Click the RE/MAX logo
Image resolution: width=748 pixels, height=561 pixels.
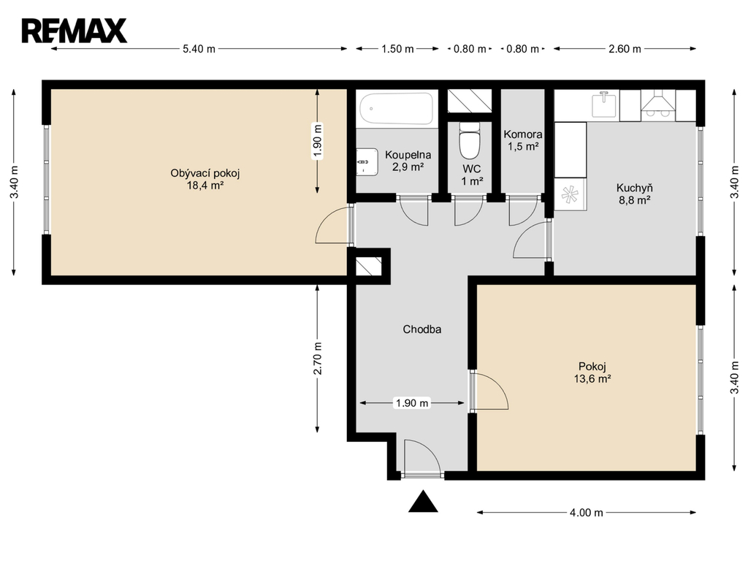coord(74,31)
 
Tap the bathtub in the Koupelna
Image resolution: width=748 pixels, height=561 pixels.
coord(397,108)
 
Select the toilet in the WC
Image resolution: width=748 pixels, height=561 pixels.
coord(470,140)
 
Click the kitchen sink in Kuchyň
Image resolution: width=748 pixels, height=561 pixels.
coord(604,104)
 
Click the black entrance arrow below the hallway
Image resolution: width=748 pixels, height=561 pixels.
coord(423,501)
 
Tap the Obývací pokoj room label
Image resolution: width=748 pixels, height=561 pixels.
coord(205,179)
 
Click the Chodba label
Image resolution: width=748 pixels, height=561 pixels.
coord(422,329)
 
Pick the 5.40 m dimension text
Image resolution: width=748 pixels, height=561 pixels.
coord(199,49)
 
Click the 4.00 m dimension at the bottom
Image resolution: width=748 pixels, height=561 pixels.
coord(587,513)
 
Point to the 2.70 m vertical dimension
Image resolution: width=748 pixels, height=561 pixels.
coord(318,358)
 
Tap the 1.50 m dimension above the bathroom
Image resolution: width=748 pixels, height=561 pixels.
coord(397,49)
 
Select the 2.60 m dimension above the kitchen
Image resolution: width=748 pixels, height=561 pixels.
coord(625,49)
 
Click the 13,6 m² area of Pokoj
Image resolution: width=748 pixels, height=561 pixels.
coord(592,379)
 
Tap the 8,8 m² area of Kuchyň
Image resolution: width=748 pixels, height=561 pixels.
coord(635,200)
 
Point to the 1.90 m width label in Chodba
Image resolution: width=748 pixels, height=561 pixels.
coord(412,403)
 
